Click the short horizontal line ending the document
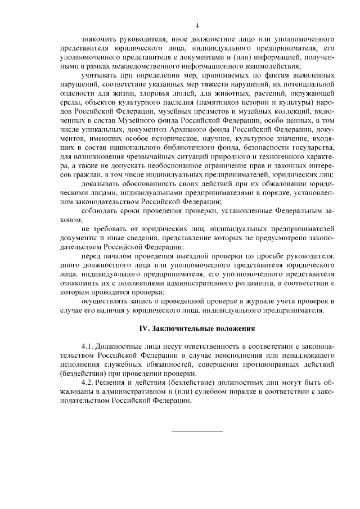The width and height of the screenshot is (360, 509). (x=197, y=431)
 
